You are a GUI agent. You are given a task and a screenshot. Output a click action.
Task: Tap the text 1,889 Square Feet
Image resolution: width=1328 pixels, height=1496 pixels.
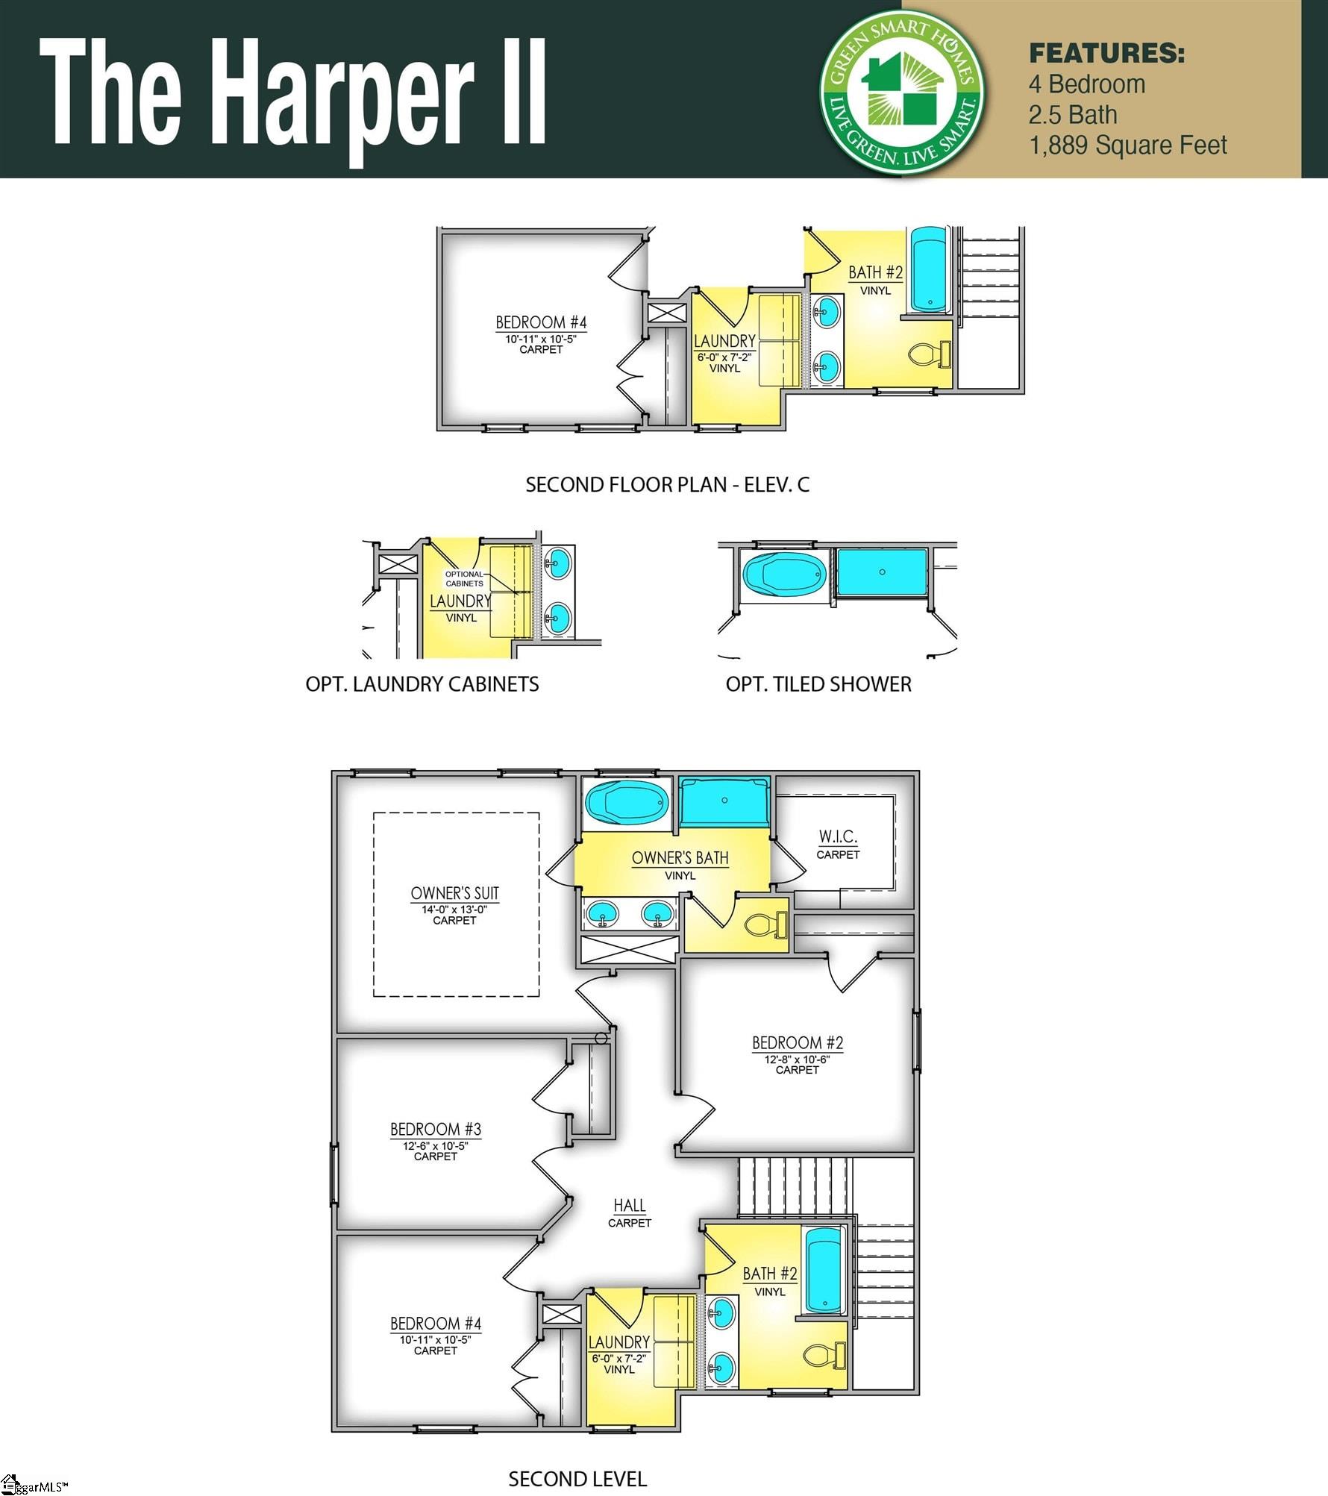click(x=1127, y=145)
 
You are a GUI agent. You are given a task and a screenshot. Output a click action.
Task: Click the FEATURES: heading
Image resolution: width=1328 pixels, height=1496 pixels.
click(x=1106, y=54)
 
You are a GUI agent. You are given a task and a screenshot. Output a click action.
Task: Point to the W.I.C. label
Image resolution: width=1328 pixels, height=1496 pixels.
click(x=838, y=837)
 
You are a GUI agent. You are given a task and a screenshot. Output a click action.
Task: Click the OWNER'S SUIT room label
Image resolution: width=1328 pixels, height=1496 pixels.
click(x=454, y=893)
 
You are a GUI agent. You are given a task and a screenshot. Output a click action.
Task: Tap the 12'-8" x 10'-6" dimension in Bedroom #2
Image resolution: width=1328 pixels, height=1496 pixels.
click(x=797, y=1060)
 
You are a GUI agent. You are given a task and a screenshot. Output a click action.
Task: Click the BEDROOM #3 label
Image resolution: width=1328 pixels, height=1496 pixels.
click(x=436, y=1129)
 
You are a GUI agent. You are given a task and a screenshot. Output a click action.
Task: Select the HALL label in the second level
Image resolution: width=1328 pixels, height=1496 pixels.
click(x=630, y=1205)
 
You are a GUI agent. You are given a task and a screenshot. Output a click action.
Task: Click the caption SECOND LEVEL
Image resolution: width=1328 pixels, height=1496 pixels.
click(x=577, y=1480)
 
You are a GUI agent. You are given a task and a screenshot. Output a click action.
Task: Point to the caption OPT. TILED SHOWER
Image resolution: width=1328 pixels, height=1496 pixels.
click(x=818, y=684)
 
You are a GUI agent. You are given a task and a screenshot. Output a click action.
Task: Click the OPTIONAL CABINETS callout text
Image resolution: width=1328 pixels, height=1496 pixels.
click(x=464, y=578)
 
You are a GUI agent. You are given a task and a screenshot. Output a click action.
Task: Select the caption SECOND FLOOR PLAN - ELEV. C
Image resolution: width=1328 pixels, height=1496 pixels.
click(x=667, y=485)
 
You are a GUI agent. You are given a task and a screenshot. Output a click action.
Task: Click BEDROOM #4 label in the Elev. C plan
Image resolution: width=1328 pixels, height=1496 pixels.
click(x=541, y=322)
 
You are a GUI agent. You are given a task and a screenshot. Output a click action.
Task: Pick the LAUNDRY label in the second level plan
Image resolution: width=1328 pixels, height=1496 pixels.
click(x=618, y=1342)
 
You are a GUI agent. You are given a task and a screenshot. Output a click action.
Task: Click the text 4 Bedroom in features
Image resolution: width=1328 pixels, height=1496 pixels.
click(x=1086, y=84)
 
